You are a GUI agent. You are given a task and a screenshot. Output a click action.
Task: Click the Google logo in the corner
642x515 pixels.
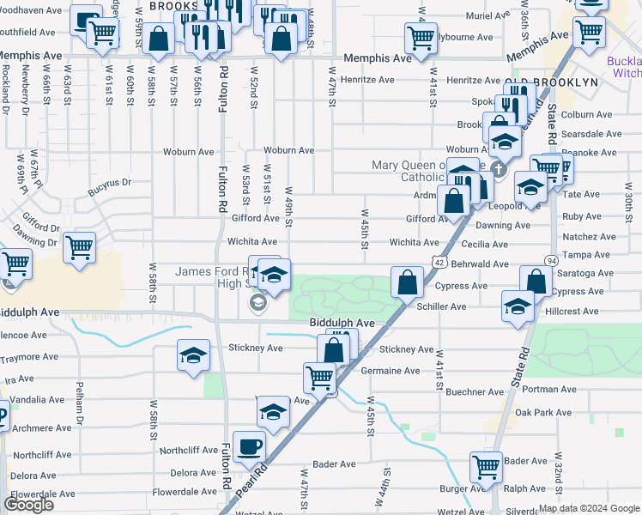click(29, 504)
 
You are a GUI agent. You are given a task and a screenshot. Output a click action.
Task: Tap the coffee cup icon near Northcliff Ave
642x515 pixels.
click(249, 446)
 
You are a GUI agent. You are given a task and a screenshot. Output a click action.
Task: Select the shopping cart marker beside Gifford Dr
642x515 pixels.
click(79, 248)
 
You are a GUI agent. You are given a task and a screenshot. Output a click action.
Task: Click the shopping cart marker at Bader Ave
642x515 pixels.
click(486, 468)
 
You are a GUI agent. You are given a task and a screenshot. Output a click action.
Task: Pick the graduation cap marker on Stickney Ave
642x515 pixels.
click(194, 354)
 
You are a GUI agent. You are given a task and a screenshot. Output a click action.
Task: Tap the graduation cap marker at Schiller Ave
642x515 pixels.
click(518, 306)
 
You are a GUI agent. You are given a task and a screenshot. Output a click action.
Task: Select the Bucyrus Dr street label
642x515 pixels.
click(112, 182)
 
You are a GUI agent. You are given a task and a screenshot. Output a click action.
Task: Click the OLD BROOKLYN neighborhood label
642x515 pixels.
click(551, 82)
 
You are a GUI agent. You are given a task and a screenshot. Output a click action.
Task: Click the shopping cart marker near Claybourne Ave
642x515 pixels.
click(421, 38)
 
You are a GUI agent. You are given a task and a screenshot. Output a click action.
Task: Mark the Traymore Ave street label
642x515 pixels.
click(29, 356)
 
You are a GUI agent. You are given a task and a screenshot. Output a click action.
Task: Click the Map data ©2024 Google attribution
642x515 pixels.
click(589, 508)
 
